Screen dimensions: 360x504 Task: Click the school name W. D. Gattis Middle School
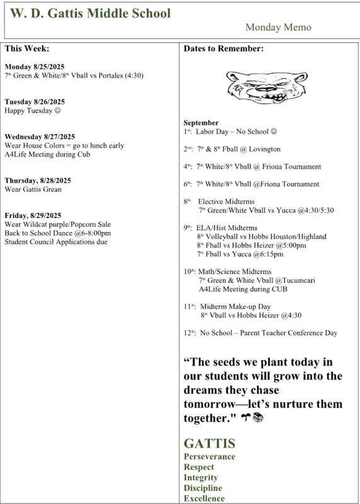click(x=90, y=13)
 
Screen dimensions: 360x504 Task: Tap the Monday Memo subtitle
click(x=278, y=28)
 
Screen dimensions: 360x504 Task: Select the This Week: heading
click(x=26, y=49)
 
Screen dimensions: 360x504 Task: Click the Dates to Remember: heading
click(x=223, y=49)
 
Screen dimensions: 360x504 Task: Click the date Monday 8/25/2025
click(x=34, y=67)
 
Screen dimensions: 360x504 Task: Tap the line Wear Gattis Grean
click(x=33, y=189)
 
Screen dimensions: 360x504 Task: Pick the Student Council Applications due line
click(x=56, y=242)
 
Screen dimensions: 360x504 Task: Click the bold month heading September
click(x=201, y=123)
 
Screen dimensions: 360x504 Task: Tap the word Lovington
click(x=264, y=149)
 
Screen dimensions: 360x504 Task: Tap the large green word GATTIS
click(x=209, y=444)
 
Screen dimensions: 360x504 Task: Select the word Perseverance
click(x=209, y=457)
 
